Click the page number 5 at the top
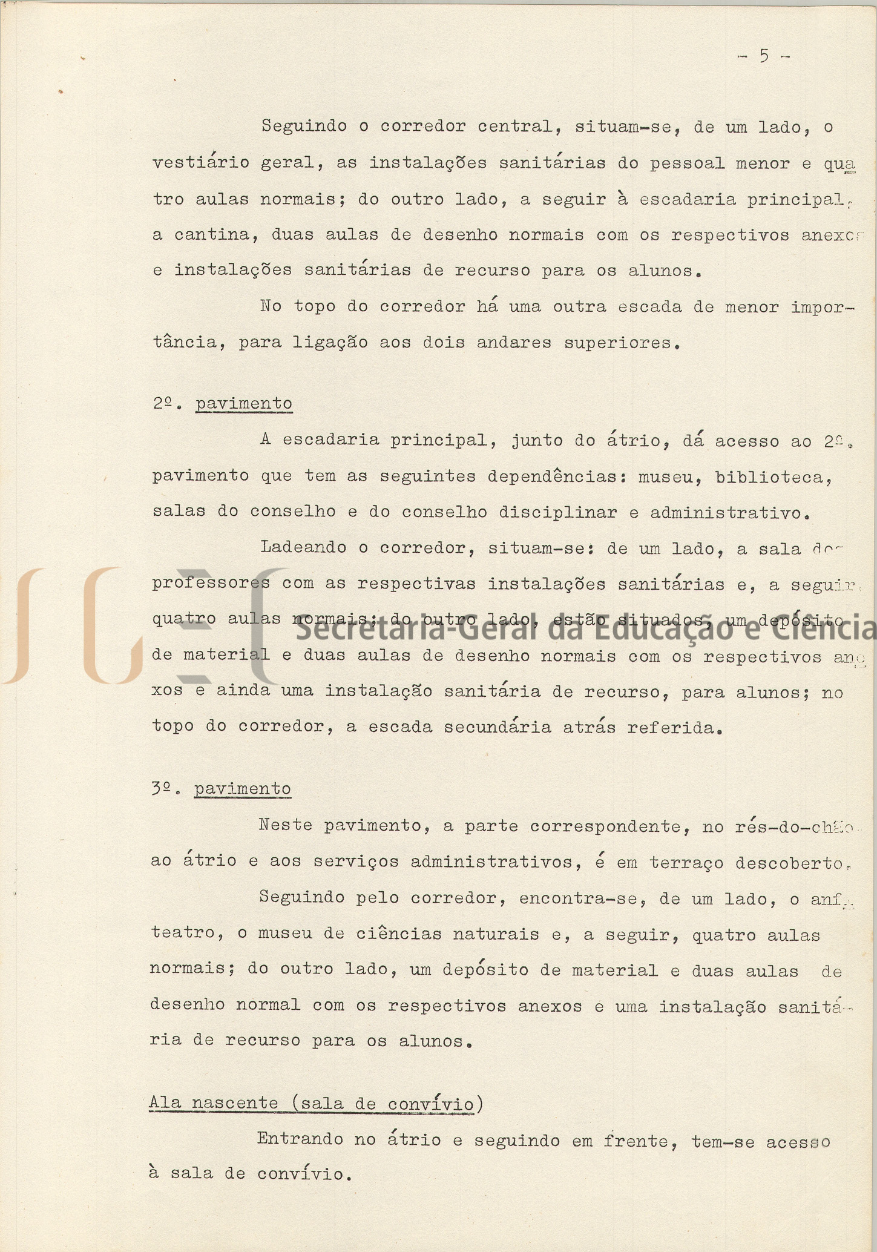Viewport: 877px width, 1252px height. pos(764,56)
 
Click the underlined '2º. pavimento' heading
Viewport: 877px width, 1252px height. pos(223,404)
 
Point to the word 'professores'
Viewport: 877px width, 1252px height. pos(211,584)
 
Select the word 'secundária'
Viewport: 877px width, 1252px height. pos(498,727)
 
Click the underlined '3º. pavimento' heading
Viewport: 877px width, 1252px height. pos(222,789)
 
